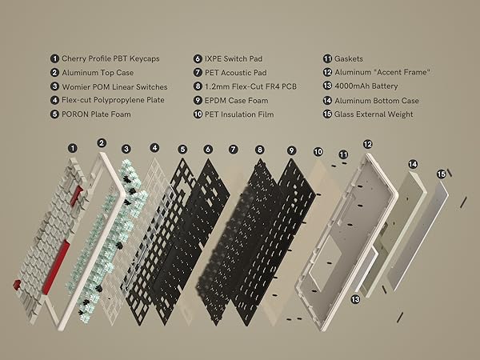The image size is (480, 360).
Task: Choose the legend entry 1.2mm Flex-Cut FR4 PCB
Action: pos(254,86)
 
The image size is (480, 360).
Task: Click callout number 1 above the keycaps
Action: pos(73,148)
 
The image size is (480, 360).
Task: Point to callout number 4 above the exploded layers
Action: pos(154,148)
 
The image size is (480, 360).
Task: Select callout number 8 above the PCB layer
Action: pos(259,149)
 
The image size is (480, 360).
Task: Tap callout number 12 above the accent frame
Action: pos(367,144)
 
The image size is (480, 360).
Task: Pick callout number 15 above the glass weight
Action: pos(440,173)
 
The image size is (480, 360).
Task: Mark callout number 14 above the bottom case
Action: pos(413,164)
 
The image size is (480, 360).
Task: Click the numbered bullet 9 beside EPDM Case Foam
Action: pos(198,99)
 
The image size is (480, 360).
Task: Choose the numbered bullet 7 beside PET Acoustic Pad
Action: pos(198,72)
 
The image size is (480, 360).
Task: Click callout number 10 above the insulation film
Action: pos(318,151)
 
